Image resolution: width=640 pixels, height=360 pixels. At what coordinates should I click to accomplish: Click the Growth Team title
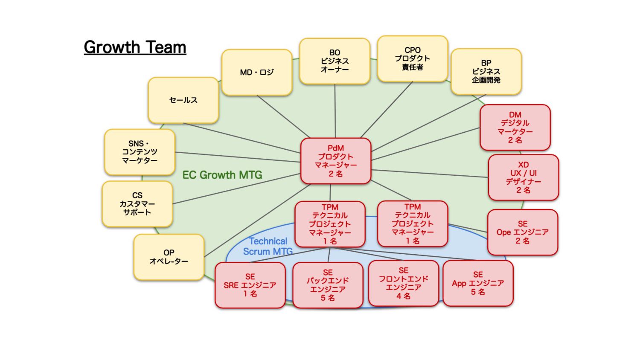135,47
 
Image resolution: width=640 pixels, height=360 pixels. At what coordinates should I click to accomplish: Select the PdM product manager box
336,161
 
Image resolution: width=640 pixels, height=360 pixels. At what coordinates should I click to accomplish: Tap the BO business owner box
335,61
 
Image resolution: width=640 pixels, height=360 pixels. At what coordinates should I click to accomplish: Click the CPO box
412,59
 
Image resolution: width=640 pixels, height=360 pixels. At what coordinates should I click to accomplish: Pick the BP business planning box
486,72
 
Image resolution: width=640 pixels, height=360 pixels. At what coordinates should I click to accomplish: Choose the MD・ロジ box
257,73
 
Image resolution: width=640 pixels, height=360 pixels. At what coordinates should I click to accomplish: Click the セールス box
183,100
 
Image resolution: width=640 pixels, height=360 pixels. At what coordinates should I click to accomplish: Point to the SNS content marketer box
140,152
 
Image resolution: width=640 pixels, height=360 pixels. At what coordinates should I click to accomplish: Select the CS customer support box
137,204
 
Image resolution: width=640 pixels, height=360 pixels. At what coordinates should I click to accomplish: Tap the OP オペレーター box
169,257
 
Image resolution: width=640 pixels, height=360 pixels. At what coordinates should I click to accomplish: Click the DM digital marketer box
515,128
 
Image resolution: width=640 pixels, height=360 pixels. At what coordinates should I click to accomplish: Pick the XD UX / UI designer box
523,177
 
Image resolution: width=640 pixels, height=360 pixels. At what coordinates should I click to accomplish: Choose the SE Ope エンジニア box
522,232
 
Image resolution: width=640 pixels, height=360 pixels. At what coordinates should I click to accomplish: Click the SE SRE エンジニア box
250,285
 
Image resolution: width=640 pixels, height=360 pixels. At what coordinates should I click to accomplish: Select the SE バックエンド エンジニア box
328,285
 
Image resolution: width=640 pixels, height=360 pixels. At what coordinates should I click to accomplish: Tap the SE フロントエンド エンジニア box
404,283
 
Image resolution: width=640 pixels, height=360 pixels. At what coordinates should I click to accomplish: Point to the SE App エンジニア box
478,283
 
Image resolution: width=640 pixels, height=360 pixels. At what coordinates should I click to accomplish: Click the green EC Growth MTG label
222,175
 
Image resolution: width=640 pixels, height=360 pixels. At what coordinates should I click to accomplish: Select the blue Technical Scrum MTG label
268,247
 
